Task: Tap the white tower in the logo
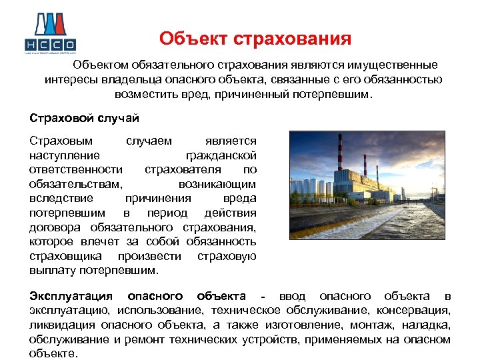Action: pyautogui.click(x=50, y=27)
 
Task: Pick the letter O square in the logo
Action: pyautogui.click(x=71, y=45)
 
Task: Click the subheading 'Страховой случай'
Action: pyautogui.click(x=84, y=118)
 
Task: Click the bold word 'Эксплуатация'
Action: pyautogui.click(x=71, y=295)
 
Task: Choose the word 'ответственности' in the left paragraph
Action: pyautogui.click(x=76, y=169)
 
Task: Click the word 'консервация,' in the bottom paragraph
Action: pyautogui.click(x=418, y=310)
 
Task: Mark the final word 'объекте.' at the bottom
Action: pyautogui.click(x=53, y=354)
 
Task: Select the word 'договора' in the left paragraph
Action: pyautogui.click(x=53, y=227)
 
